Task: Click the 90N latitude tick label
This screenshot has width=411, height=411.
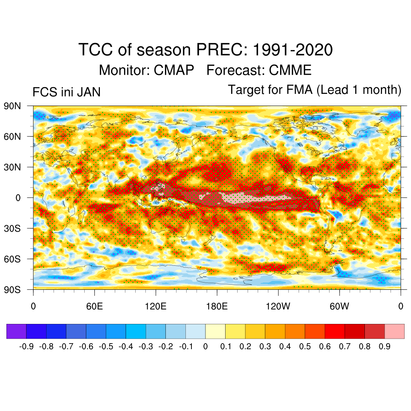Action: coord(12,106)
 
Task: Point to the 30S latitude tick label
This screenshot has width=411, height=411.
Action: coord(12,228)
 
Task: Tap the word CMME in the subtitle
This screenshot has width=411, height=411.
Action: coord(290,70)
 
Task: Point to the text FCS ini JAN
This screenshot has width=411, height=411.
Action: coord(66,92)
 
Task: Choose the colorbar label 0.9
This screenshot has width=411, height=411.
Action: coord(385,346)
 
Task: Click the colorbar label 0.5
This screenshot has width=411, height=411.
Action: coord(305,346)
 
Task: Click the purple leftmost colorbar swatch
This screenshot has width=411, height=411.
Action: coord(16,332)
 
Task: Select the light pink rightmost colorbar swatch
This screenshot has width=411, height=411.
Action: coord(394,332)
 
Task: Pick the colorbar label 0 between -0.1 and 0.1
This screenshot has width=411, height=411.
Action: coord(205,346)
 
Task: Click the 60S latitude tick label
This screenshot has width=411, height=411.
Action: coord(12,259)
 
